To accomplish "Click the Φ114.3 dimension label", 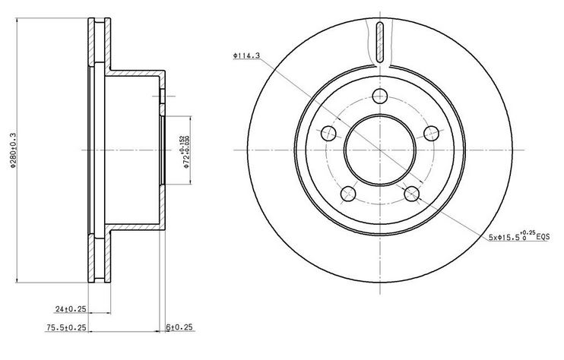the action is click(246, 55).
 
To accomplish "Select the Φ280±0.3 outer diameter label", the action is click(14, 150).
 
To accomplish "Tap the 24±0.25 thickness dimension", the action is click(71, 308).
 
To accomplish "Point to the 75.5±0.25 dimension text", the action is click(66, 327).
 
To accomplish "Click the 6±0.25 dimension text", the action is click(179, 327).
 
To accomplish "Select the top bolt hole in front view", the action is click(379, 96).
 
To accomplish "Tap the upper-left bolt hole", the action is click(328, 134).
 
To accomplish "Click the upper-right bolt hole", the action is click(431, 134).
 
